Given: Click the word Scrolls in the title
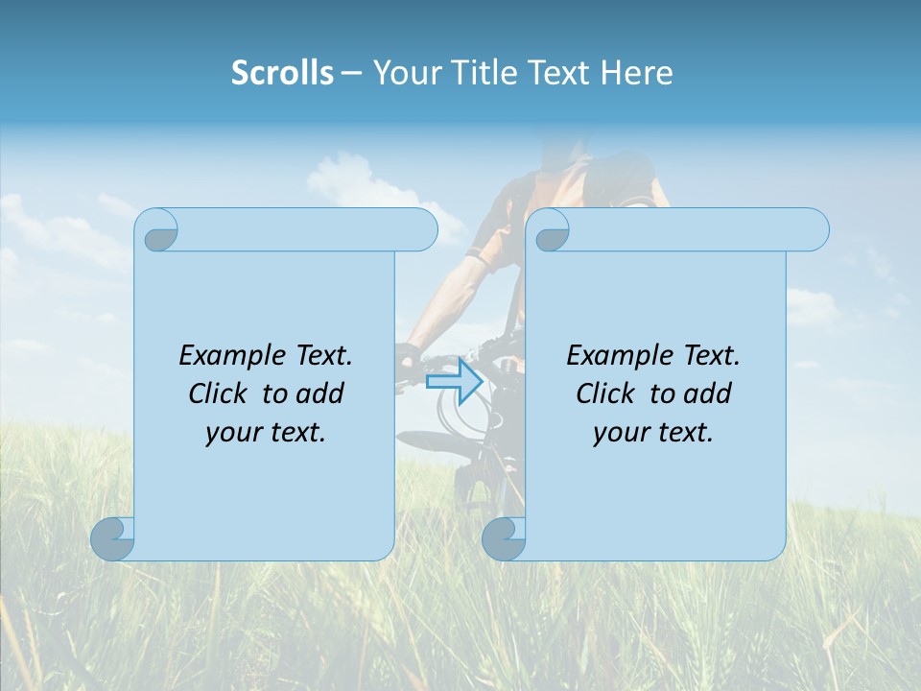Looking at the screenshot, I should pos(282,73).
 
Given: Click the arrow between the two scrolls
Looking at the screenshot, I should pos(454,381).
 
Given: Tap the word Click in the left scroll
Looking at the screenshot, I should pos(219,393).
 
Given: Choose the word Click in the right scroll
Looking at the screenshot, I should pos(606,393).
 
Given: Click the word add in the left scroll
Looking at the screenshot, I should pos(319,393).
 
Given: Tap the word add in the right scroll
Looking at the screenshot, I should pos(707,393).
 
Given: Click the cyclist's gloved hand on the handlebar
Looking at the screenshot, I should pos(409,357).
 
